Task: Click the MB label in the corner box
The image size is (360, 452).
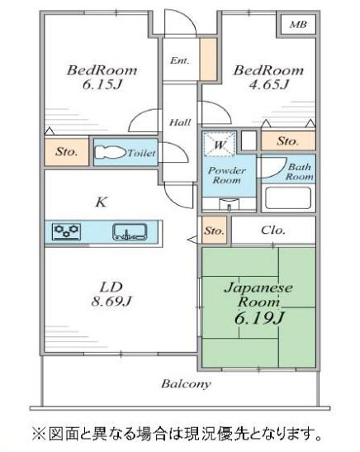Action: point(298,25)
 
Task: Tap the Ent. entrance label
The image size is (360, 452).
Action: point(180,60)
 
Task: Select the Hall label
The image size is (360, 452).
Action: point(180,122)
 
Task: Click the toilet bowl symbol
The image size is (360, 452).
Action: point(110,152)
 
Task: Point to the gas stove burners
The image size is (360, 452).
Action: point(67,231)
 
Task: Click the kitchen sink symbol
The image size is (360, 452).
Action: point(130,231)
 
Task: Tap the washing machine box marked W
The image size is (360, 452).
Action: point(219,144)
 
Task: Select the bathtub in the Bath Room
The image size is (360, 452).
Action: point(288,197)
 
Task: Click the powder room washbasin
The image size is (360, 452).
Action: point(230,204)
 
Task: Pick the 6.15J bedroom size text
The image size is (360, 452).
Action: point(102,85)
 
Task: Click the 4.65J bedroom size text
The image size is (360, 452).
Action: point(268,85)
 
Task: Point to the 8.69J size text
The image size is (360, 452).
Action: point(111,302)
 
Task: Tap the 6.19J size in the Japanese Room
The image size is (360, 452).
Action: point(259,318)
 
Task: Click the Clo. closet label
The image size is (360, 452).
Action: point(273,231)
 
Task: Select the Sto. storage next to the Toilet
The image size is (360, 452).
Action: point(67,151)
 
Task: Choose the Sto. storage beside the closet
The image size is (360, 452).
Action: point(215,231)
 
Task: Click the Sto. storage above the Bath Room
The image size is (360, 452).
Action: point(288,141)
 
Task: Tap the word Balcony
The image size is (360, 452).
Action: point(186,384)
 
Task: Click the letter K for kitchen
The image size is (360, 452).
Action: point(101,202)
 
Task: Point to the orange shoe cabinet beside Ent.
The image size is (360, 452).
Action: point(208,59)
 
